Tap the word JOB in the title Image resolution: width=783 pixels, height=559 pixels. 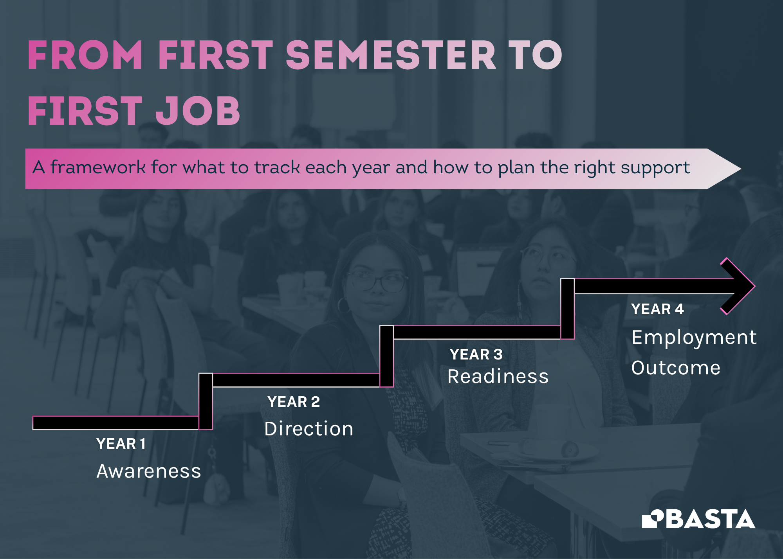(198, 111)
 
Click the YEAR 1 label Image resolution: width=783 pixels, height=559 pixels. (121, 444)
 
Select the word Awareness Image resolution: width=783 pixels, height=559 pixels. (149, 471)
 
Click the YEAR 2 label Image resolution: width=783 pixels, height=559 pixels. (294, 402)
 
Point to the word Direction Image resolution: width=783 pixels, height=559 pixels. (309, 429)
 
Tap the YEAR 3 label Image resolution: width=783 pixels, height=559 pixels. (476, 354)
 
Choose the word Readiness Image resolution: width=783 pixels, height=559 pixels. (498, 377)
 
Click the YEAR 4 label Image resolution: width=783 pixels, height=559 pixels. (657, 309)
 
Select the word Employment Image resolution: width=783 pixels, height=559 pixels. (694, 337)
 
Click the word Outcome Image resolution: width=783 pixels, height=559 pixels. (676, 368)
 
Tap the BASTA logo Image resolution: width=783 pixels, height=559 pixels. (698, 519)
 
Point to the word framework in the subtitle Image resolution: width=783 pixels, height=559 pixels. (98, 167)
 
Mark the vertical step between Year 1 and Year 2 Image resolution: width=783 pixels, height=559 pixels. (206, 401)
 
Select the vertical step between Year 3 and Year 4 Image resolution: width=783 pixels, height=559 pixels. (567, 309)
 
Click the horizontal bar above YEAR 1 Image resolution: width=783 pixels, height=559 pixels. (115, 423)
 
